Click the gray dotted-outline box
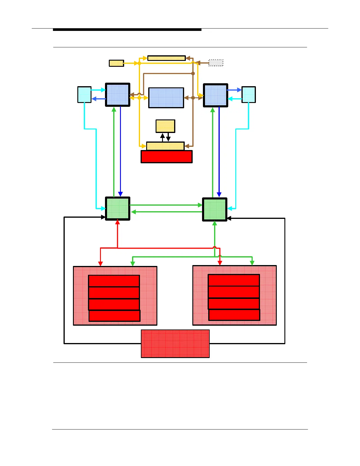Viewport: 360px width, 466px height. (216, 63)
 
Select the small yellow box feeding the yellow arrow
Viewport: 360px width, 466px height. (116, 63)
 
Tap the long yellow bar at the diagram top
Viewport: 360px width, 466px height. (166, 58)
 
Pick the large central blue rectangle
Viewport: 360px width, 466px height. (166, 98)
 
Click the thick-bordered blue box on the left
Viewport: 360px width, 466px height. (118, 95)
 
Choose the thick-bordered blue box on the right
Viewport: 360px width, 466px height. (216, 95)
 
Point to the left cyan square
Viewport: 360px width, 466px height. (84, 94)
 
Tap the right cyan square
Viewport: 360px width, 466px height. (249, 94)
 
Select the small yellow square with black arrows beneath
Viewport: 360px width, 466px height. (165, 126)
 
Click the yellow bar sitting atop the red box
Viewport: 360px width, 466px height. (165, 146)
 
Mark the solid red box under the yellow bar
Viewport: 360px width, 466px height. (166, 157)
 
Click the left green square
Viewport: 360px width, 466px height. (118, 209)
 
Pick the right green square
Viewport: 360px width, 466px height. (215, 209)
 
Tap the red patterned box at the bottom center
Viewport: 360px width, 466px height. (175, 344)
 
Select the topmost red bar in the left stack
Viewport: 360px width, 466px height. (114, 281)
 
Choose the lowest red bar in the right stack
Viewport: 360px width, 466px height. (234, 315)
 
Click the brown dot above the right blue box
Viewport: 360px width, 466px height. (193, 74)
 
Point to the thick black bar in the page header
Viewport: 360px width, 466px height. (127, 30)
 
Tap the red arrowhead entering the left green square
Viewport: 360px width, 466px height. (118, 222)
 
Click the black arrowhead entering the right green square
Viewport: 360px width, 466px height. (229, 218)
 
